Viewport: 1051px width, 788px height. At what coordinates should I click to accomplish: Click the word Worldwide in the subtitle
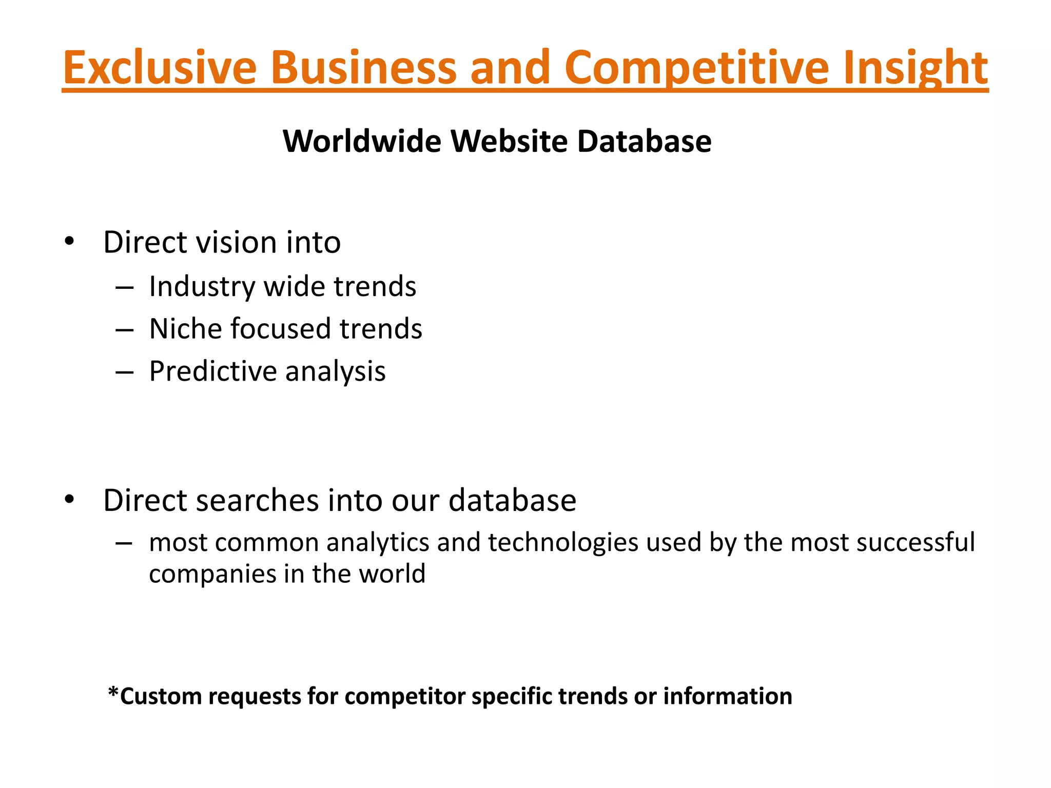[362, 141]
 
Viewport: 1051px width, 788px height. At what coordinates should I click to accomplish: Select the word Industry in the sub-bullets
[202, 287]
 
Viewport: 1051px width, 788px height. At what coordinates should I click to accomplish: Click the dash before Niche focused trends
[125, 329]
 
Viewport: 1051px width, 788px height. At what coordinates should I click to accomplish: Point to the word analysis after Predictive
[335, 372]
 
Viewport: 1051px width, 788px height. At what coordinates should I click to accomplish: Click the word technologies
[563, 542]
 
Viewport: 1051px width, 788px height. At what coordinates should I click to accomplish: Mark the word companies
[212, 574]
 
